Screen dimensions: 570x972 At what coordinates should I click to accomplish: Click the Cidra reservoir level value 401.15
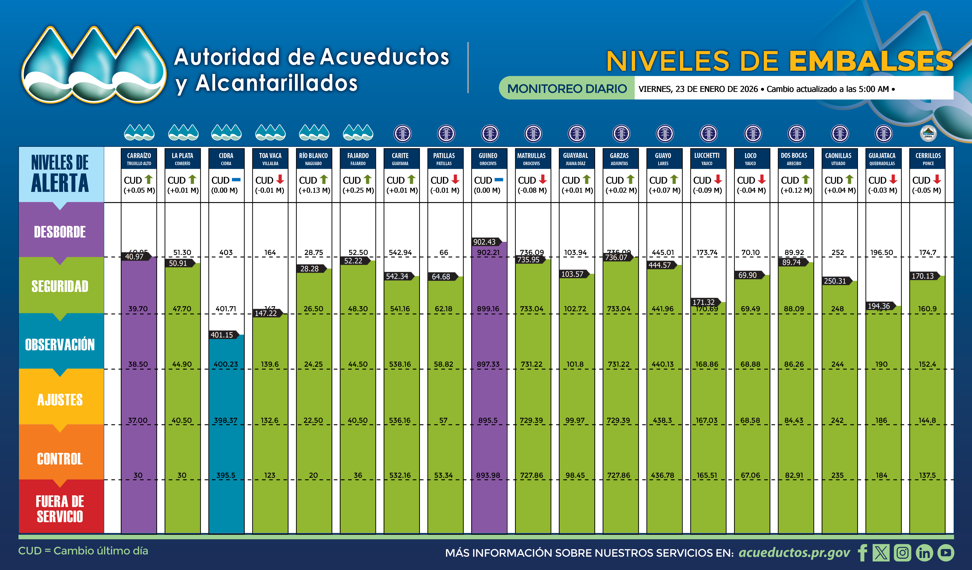click(222, 335)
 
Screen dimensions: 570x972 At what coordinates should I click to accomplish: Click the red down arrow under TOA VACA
click(280, 179)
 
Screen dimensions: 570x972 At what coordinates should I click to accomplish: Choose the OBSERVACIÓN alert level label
click(60, 344)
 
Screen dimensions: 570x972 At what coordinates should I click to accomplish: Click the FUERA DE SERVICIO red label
click(60, 509)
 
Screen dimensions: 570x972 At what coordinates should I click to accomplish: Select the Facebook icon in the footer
click(862, 553)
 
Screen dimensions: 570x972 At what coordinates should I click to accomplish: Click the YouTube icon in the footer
click(946, 553)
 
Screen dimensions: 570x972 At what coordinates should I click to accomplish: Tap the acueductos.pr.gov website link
click(794, 553)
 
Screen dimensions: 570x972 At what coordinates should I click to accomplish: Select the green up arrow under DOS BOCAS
click(805, 179)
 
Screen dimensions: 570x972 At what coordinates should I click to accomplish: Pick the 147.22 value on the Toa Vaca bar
click(265, 313)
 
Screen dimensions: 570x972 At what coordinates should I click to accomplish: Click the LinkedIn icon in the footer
click(924, 553)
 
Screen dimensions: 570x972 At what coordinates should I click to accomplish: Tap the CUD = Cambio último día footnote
click(83, 551)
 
